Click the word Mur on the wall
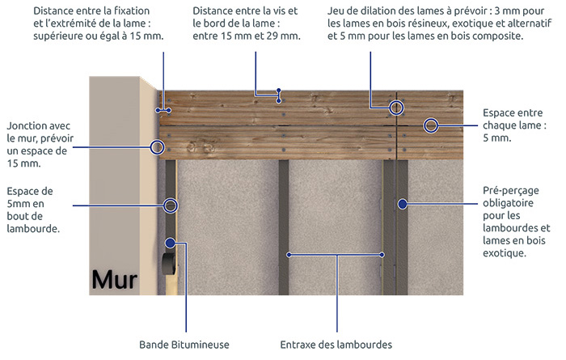(115, 279)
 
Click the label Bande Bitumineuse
(184, 345)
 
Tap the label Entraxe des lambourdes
(336, 345)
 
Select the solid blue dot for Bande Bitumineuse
(171, 243)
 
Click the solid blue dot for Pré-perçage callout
(403, 204)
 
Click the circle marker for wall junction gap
(157, 147)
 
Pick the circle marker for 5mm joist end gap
(171, 205)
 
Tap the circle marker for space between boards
(431, 125)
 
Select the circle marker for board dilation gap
(396, 108)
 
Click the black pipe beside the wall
(169, 264)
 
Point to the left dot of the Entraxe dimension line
(289, 255)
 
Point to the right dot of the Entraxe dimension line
(382, 255)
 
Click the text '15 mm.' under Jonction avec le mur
(23, 163)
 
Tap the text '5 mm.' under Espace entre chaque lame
(497, 138)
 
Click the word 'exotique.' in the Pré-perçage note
(505, 252)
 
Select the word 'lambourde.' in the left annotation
(33, 229)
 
